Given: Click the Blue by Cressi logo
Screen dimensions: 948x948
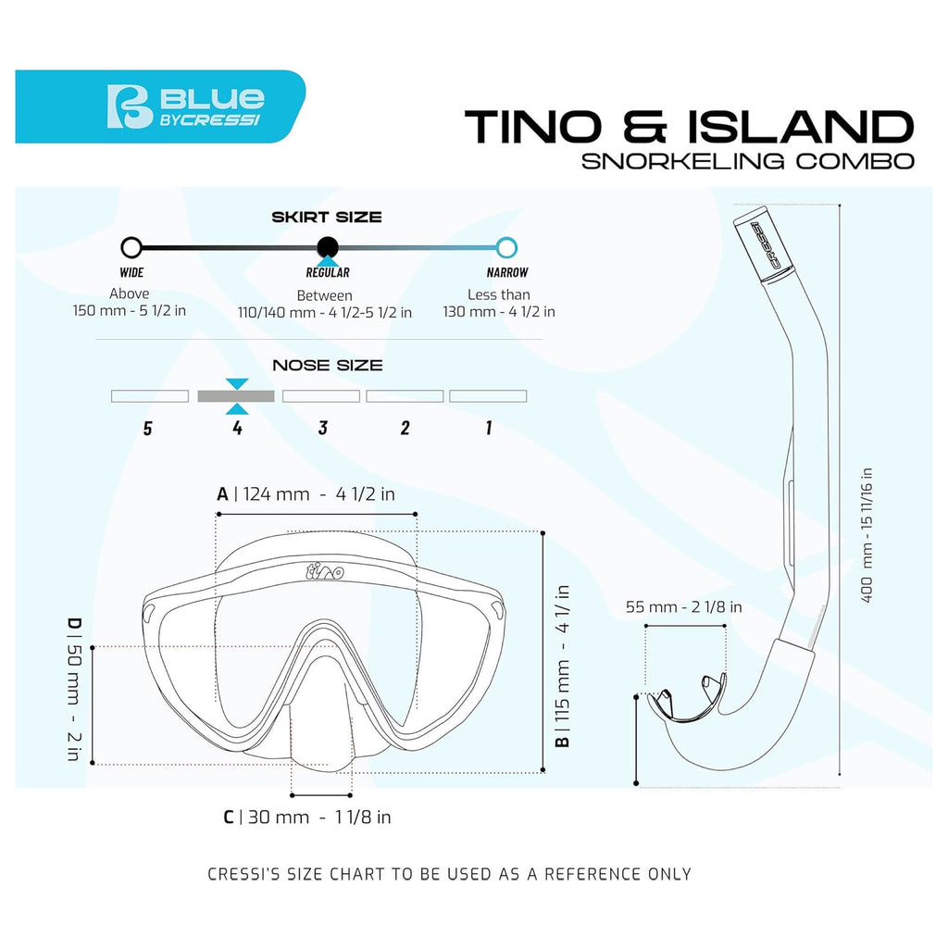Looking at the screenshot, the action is (x=185, y=106).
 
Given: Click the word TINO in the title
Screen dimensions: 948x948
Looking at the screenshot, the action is (x=533, y=127).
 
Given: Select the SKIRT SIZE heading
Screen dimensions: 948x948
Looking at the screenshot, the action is (x=327, y=217).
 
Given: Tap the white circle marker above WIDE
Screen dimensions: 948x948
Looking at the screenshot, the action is (x=131, y=247).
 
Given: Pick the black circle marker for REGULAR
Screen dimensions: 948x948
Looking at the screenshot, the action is (x=328, y=247).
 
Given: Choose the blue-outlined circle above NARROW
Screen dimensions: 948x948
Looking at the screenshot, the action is (x=506, y=247).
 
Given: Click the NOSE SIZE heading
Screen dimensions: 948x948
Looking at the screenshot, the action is (x=327, y=365).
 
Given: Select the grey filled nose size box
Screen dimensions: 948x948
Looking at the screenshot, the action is (x=236, y=396).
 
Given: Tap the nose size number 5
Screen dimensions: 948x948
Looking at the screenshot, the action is (x=147, y=429).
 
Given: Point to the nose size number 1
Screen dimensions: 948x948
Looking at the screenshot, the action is (x=489, y=428).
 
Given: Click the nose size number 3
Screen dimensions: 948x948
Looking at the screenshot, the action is (x=323, y=428).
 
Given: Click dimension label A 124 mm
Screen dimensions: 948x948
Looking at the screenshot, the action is (x=306, y=494).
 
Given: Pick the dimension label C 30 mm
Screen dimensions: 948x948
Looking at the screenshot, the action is (x=307, y=817).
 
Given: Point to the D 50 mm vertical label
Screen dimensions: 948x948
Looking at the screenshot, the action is (x=73, y=689).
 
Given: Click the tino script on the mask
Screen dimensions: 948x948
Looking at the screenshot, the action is (x=325, y=570).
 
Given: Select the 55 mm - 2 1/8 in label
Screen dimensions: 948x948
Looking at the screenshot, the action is (x=684, y=606).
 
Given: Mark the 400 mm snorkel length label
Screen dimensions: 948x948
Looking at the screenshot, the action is (x=867, y=535).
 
